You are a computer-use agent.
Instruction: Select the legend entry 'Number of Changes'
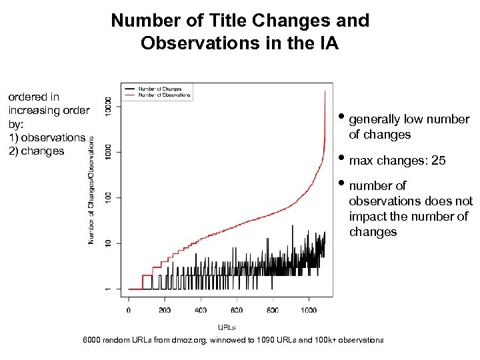coord(159,89)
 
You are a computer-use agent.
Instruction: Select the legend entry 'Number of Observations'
coord(164,95)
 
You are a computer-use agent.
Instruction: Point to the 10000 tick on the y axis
coord(109,107)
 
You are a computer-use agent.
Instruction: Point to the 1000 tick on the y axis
coord(109,152)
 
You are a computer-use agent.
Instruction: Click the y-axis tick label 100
coord(109,198)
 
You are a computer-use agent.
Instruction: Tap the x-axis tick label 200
coord(165,310)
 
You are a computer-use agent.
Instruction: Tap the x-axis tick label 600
coord(237,310)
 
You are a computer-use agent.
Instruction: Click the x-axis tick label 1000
coord(308,310)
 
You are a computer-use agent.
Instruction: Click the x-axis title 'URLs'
coord(227,327)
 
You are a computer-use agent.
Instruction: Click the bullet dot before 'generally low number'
coord(341,118)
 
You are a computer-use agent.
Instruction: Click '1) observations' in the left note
coord(47,137)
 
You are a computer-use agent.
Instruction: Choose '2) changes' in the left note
coord(36,151)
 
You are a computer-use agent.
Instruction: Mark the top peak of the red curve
coord(325,91)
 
